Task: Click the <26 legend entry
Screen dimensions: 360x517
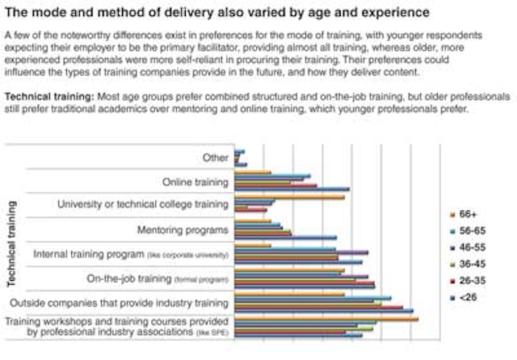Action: (467, 290)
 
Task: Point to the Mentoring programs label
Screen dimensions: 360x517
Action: (183, 231)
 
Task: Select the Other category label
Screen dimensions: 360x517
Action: (216, 158)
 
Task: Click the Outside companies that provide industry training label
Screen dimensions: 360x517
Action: (119, 304)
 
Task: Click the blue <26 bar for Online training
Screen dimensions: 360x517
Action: (292, 190)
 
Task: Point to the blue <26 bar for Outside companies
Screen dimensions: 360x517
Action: (323, 311)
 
